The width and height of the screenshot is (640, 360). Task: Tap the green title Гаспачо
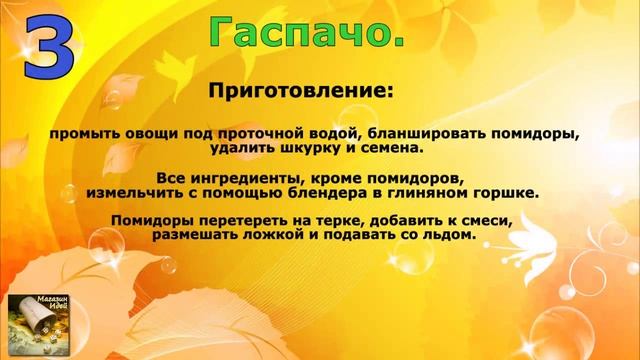[x=309, y=32]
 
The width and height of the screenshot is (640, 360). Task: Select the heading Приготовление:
[x=301, y=91]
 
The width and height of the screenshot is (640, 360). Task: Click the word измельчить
[x=132, y=191]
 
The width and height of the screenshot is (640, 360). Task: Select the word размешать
[x=198, y=235]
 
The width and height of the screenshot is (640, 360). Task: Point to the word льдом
[x=449, y=235]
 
